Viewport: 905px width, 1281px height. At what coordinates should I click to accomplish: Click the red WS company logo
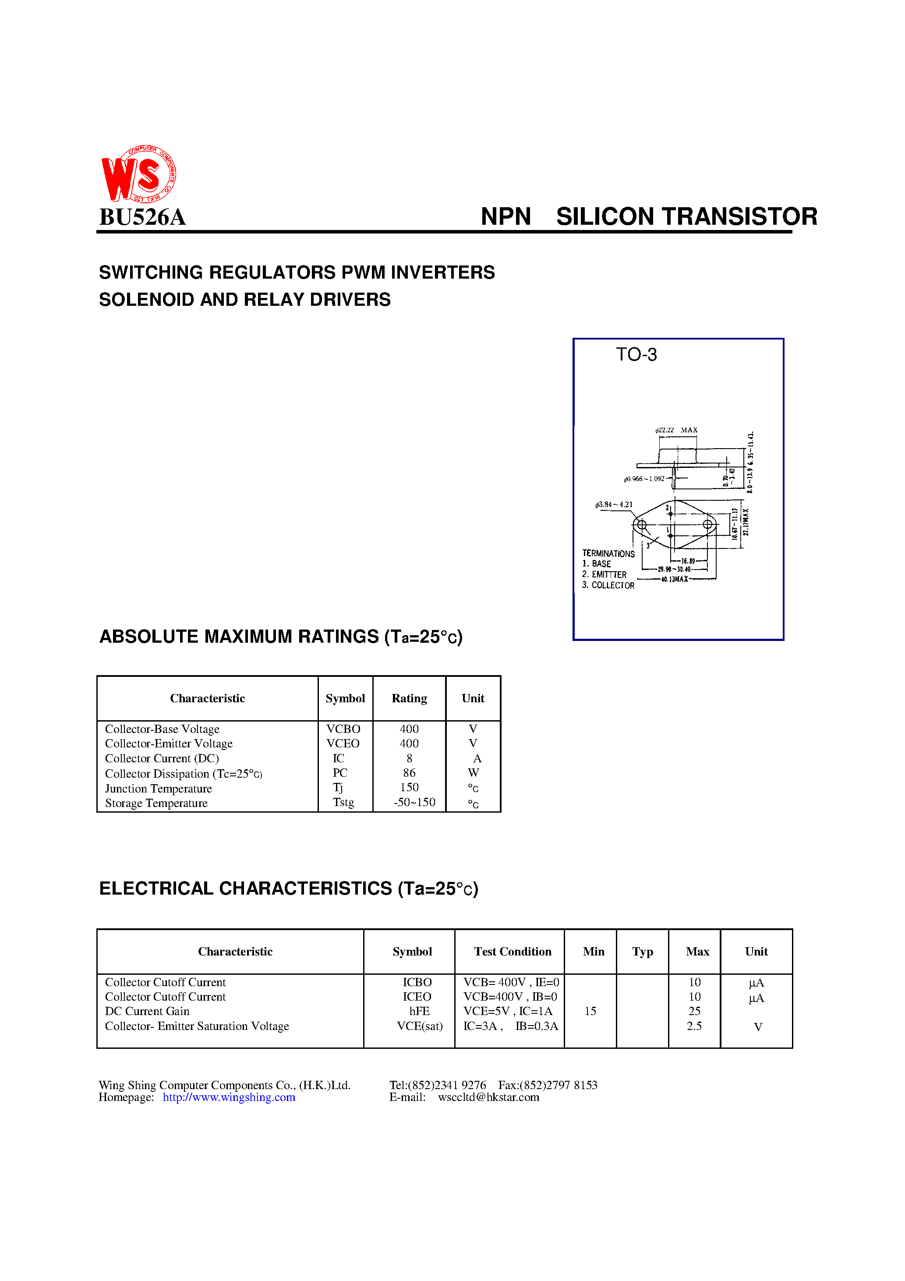[138, 174]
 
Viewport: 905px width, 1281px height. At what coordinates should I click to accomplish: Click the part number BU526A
[142, 217]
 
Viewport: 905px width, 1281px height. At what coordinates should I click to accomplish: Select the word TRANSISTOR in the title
[741, 216]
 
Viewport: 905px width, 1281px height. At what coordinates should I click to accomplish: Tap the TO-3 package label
[636, 355]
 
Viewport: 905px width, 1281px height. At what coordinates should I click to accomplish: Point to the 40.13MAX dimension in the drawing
[674, 579]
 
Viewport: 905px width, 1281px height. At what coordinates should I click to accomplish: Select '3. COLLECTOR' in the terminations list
[608, 585]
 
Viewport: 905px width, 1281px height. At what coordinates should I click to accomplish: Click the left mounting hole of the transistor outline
[642, 524]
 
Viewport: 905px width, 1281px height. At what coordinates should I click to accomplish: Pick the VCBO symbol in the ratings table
[343, 729]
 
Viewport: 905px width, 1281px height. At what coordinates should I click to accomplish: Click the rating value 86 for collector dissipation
[409, 773]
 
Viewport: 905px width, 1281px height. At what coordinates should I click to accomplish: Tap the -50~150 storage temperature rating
[414, 802]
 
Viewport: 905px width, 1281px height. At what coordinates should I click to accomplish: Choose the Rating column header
[409, 698]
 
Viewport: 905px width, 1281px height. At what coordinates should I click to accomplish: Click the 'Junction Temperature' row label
[159, 788]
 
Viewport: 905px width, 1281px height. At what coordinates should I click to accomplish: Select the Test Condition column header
[512, 952]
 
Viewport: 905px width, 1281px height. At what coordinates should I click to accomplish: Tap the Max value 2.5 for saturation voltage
[694, 1026]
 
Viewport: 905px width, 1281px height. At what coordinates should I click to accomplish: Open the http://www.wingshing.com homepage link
[229, 1097]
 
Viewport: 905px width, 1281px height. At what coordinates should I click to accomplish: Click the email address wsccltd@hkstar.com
[488, 1097]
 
